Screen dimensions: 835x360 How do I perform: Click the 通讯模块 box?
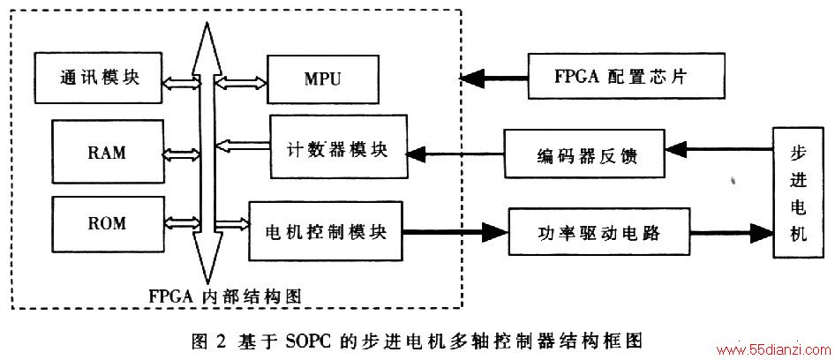tap(98, 78)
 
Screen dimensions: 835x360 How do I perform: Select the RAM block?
tap(108, 152)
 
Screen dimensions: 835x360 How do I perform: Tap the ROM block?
tap(108, 223)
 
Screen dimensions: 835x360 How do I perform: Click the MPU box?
tap(323, 79)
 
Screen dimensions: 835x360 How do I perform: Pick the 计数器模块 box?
tap(339, 146)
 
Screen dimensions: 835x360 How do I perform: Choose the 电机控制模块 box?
tap(326, 230)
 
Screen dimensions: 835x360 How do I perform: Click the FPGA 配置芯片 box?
tap(627, 76)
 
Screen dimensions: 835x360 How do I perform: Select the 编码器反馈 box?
tap(584, 154)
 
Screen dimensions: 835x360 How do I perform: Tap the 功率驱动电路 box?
tap(599, 232)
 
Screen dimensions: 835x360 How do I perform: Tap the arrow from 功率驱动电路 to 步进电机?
tap(732, 231)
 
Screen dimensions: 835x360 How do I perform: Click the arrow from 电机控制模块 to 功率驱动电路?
tap(455, 231)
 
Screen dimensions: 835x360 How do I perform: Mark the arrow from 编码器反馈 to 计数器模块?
tap(455, 154)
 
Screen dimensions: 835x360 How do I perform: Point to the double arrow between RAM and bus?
tap(182, 154)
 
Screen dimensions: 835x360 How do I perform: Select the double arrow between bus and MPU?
tap(240, 82)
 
